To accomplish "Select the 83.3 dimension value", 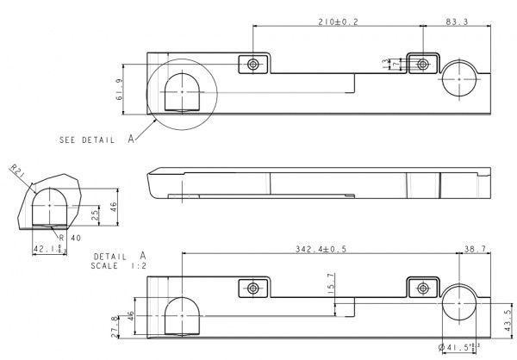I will (457, 21).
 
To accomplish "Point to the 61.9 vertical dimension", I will (118, 89).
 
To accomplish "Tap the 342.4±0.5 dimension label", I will (321, 249).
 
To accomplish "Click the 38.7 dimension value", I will (474, 249).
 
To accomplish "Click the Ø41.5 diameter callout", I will (458, 348).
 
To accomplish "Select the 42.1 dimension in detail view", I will (47, 250).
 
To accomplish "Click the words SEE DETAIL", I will (85, 140).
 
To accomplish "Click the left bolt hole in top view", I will (252, 65).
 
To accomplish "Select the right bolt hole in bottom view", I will (422, 288).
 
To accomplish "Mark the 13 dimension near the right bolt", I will (386, 64).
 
